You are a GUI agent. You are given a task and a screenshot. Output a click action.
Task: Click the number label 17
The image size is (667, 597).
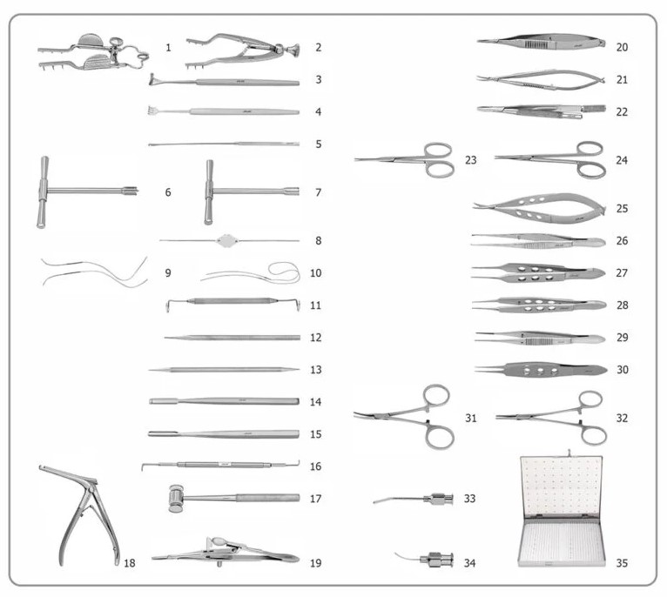pos(315,499)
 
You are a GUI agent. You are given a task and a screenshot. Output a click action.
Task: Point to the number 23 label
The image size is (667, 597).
pos(471,160)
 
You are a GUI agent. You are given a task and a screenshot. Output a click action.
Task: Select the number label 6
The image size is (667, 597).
pos(169,191)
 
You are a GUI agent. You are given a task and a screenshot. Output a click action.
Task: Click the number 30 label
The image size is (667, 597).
pos(622,369)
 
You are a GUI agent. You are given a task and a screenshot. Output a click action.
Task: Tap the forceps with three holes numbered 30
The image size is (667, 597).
pos(540,369)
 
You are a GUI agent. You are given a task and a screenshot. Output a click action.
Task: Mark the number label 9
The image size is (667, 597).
pos(169,272)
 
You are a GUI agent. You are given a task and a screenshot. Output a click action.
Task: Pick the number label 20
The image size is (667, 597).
pos(622,47)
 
